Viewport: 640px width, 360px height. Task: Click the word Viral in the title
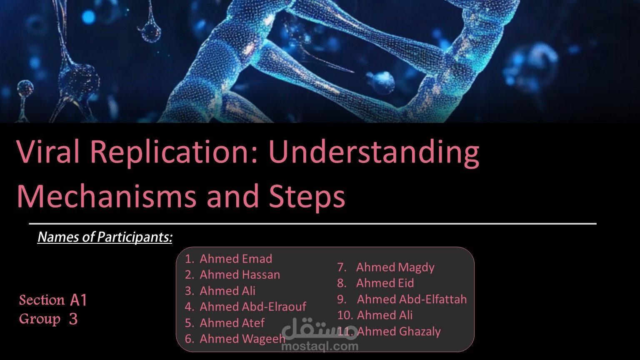48,151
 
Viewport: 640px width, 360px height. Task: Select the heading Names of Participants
105,237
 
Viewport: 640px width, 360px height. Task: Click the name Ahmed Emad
236,259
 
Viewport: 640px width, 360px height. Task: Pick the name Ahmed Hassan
240,275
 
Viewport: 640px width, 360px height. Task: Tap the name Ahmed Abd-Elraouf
253,307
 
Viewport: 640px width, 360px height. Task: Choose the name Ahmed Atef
232,323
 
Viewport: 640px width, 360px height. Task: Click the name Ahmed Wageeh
242,339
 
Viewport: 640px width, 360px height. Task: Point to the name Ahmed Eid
385,283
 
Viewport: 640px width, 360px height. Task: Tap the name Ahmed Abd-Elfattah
412,300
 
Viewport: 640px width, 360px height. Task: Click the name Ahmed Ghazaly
399,332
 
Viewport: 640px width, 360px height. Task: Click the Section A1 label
53,300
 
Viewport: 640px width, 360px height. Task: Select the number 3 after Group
73,319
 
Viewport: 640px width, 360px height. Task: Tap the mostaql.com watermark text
320,347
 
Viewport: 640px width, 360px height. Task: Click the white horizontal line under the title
312,224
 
